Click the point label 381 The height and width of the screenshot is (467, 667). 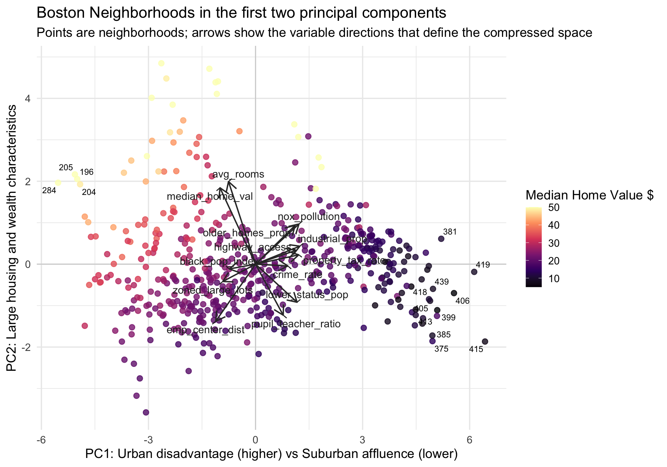450,232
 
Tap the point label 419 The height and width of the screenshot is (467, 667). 483,265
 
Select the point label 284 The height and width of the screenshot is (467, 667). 49,190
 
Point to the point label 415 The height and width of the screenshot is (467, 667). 476,350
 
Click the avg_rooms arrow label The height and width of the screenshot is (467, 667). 238,174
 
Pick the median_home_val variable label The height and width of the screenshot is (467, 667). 210,197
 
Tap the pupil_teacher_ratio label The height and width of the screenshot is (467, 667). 296,324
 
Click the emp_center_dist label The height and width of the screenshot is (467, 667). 206,330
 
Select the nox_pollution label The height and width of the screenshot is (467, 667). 308,217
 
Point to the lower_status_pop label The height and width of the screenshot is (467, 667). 307,295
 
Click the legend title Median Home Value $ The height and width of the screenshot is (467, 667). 590,195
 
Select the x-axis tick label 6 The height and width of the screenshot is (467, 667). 469,440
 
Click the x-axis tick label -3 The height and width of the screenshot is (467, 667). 148,440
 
